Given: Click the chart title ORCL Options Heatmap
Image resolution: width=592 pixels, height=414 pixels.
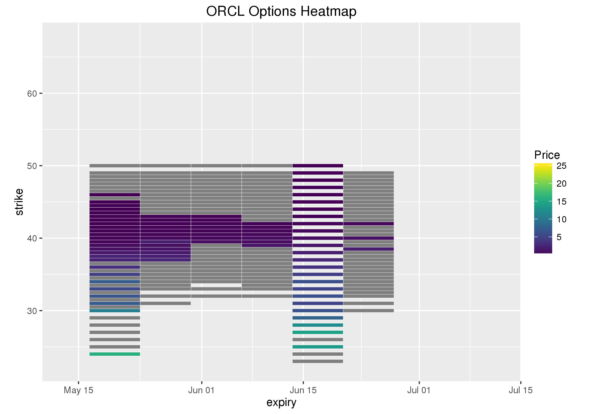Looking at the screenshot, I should pyautogui.click(x=281, y=11).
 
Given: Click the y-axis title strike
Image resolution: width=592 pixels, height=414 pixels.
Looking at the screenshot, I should pyautogui.click(x=19, y=202).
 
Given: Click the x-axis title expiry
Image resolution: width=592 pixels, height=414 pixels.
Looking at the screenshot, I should pyautogui.click(x=281, y=402).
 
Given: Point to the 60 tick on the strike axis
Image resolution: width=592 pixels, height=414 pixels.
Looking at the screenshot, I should pyautogui.click(x=32, y=93).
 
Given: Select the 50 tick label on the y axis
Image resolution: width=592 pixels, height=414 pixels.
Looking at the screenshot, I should pyautogui.click(x=32, y=166).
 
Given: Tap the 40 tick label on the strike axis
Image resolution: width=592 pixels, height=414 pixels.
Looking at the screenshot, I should pyautogui.click(x=32, y=238).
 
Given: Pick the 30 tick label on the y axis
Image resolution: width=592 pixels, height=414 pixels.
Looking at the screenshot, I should pyautogui.click(x=32, y=311).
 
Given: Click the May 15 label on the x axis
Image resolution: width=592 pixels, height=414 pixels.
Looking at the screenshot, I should pyautogui.click(x=78, y=390).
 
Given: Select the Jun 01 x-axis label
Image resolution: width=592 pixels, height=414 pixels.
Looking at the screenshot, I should pyautogui.click(x=201, y=390).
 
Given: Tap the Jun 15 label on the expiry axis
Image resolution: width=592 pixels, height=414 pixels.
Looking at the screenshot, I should pyautogui.click(x=303, y=390).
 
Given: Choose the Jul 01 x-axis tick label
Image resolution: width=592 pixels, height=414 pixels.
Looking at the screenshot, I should pyautogui.click(x=419, y=390).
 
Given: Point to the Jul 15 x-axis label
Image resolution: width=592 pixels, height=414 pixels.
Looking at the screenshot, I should pyautogui.click(x=520, y=390).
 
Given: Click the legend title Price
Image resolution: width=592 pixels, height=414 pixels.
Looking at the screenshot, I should pyautogui.click(x=547, y=155).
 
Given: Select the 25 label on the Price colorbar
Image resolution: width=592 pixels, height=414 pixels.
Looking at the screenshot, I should pyautogui.click(x=561, y=166).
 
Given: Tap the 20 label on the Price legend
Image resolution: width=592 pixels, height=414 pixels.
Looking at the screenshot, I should pyautogui.click(x=561, y=184).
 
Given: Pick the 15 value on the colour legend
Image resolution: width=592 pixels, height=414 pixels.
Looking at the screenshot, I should pyautogui.click(x=561, y=201).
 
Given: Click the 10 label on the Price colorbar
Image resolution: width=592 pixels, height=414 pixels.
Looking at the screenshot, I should pyautogui.click(x=561, y=219).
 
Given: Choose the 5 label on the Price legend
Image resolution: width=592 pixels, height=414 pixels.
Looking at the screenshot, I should pyautogui.click(x=559, y=237).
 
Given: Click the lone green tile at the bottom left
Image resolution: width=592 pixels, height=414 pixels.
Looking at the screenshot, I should pyautogui.click(x=115, y=354).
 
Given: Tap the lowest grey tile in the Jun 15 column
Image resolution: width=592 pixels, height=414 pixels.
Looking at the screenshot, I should pyautogui.click(x=318, y=361).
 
